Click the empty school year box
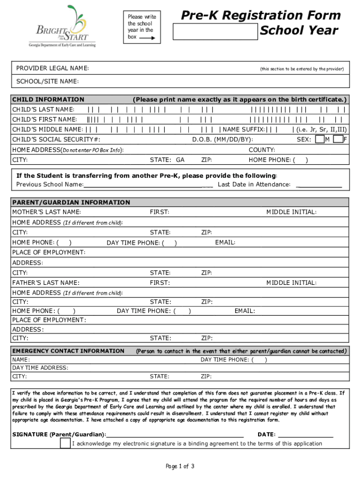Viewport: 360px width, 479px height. (215, 32)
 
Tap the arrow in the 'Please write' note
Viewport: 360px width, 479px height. (147, 36)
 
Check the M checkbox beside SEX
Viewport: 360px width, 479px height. (320, 139)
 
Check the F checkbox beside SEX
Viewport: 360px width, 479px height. (338, 139)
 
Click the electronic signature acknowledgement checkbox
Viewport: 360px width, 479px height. (65, 443)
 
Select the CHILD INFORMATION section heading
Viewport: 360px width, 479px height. (48, 100)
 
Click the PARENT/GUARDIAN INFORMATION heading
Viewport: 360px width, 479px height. (71, 203)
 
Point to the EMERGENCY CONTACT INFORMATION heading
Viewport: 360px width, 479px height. (68, 351)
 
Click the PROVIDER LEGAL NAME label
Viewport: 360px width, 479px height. (53, 69)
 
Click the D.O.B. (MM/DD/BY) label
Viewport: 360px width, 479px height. (223, 139)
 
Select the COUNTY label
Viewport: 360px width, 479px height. (262, 150)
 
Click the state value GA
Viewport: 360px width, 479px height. (180, 160)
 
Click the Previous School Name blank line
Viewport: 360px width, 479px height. (148, 186)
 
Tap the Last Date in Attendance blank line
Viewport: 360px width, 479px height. (319, 186)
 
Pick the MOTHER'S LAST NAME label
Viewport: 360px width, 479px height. (46, 212)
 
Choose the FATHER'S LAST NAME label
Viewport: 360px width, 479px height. (46, 283)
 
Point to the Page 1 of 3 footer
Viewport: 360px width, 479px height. (180, 466)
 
